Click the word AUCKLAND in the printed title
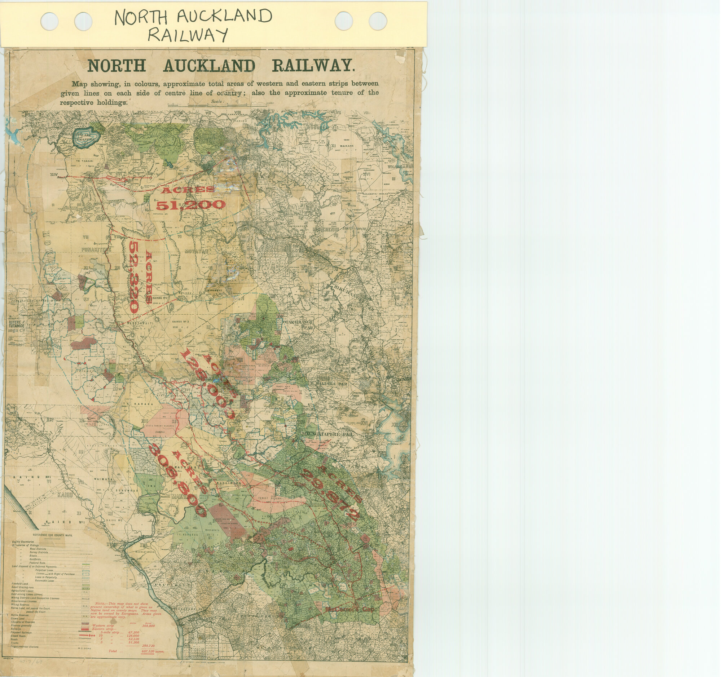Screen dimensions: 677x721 click(209, 66)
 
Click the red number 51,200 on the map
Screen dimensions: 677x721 click(191, 205)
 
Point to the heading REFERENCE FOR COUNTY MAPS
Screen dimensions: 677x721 click(53, 535)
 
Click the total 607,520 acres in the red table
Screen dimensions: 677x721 click(152, 651)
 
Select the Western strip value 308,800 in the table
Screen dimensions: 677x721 click(149, 625)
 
